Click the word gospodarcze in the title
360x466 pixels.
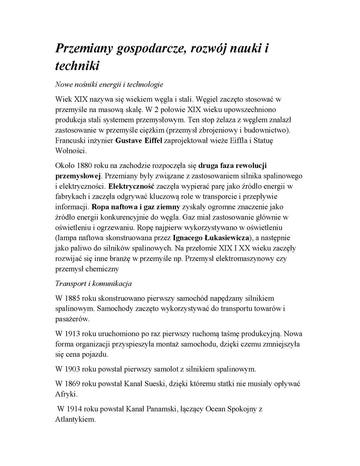coord(150,49)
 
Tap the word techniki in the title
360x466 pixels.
coord(77,66)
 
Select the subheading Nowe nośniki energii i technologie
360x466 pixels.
coord(109,84)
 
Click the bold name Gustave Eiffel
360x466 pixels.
coord(139,140)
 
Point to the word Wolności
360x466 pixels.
coord(71,151)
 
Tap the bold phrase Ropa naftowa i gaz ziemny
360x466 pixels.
coord(136,207)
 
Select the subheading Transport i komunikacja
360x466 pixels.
coord(93,284)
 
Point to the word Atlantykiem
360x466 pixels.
coord(75,419)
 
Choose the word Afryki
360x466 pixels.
coord(66,394)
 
